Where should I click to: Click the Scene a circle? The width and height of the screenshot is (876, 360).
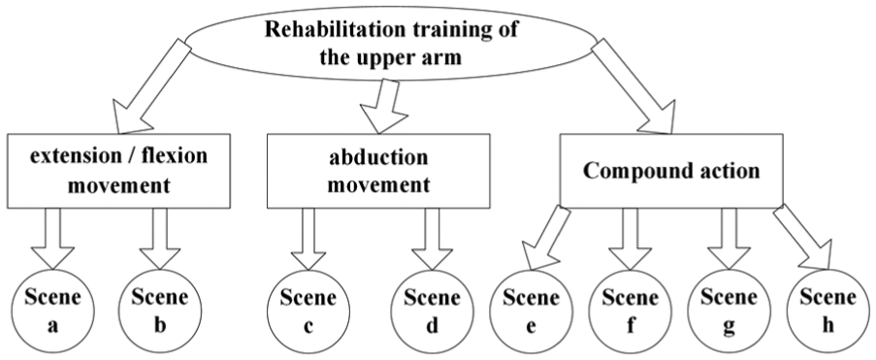coord(52,311)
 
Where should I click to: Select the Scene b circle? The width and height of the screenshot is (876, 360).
coord(160,311)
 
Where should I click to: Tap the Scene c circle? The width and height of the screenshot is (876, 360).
coord(308,311)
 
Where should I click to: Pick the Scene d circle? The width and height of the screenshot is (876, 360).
coord(432,311)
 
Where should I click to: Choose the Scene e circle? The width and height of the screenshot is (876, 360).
coord(532,311)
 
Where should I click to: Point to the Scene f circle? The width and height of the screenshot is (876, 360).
coord(631,311)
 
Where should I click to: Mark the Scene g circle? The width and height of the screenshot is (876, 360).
coord(729,311)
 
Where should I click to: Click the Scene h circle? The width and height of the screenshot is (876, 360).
coord(827,311)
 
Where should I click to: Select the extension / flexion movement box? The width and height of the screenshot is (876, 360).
coord(118,171)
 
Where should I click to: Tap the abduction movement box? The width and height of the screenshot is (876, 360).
coord(378,171)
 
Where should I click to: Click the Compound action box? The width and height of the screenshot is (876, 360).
coord(671,171)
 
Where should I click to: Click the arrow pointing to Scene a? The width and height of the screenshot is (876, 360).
coord(52,239)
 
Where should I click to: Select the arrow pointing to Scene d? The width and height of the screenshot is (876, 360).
coord(432,239)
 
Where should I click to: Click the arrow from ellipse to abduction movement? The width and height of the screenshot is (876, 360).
coord(383,106)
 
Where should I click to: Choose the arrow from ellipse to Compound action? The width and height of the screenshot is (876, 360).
coord(632,86)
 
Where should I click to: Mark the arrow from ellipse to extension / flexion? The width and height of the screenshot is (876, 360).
coord(151,86)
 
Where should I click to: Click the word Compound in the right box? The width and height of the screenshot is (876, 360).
coord(628,171)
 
